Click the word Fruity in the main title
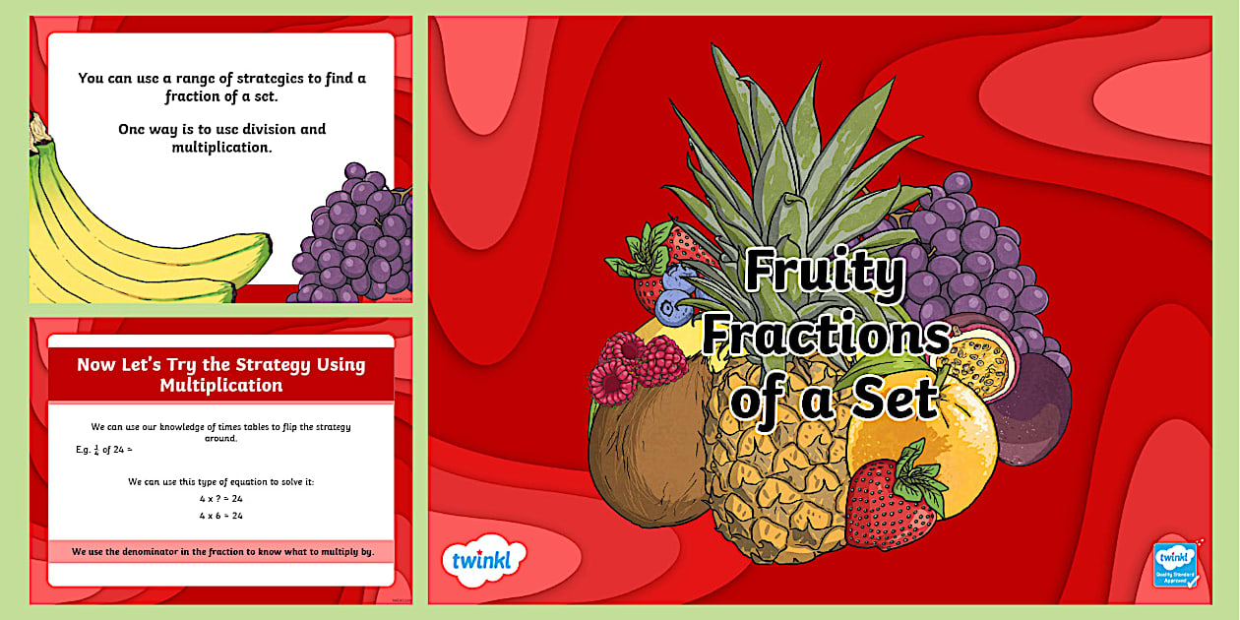pyautogui.click(x=824, y=273)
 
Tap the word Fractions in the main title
pyautogui.click(x=825, y=336)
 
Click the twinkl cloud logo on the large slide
pyautogui.click(x=483, y=563)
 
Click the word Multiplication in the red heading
pyautogui.click(x=221, y=385)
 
